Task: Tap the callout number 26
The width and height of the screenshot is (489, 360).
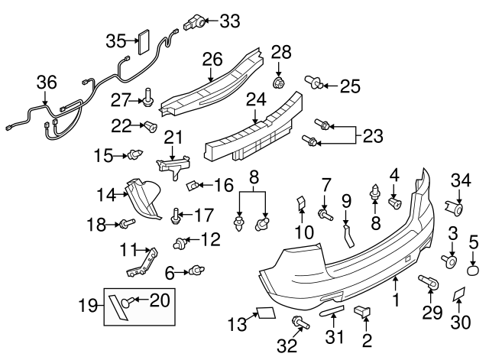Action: click(212, 58)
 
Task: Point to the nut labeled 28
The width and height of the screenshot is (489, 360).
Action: click(280, 81)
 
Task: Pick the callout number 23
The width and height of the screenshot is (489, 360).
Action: click(372, 136)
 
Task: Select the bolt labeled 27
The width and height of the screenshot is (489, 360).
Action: click(148, 98)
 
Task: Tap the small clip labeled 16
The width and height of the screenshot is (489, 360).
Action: click(195, 184)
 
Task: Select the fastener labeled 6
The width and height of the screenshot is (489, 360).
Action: click(198, 269)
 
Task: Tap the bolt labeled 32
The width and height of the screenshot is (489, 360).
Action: click(298, 323)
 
